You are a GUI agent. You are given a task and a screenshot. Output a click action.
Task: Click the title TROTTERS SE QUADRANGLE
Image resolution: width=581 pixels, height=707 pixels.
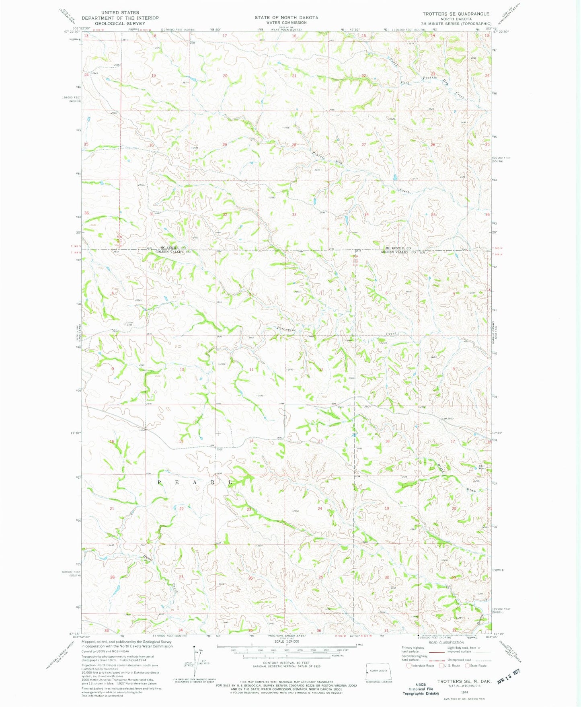tap(456, 14)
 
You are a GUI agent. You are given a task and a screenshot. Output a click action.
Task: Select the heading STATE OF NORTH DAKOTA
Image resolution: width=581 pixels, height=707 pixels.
tap(286, 18)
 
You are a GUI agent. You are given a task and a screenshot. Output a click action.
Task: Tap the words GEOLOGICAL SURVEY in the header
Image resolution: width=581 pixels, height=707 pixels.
tap(121, 23)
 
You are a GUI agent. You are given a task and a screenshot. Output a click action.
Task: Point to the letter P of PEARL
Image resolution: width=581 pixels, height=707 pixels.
tap(160, 482)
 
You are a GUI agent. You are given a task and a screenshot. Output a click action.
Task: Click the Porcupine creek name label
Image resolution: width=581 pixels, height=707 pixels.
tap(286, 329)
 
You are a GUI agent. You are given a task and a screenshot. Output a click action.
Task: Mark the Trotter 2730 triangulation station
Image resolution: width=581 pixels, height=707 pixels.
tap(129, 324)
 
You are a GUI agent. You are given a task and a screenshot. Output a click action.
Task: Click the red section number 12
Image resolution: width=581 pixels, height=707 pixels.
tap(321, 369)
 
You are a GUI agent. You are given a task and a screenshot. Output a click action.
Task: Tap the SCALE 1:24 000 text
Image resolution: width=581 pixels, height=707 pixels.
tap(286, 653)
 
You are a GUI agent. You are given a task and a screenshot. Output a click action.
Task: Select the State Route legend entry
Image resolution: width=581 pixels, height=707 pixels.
tap(476, 666)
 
